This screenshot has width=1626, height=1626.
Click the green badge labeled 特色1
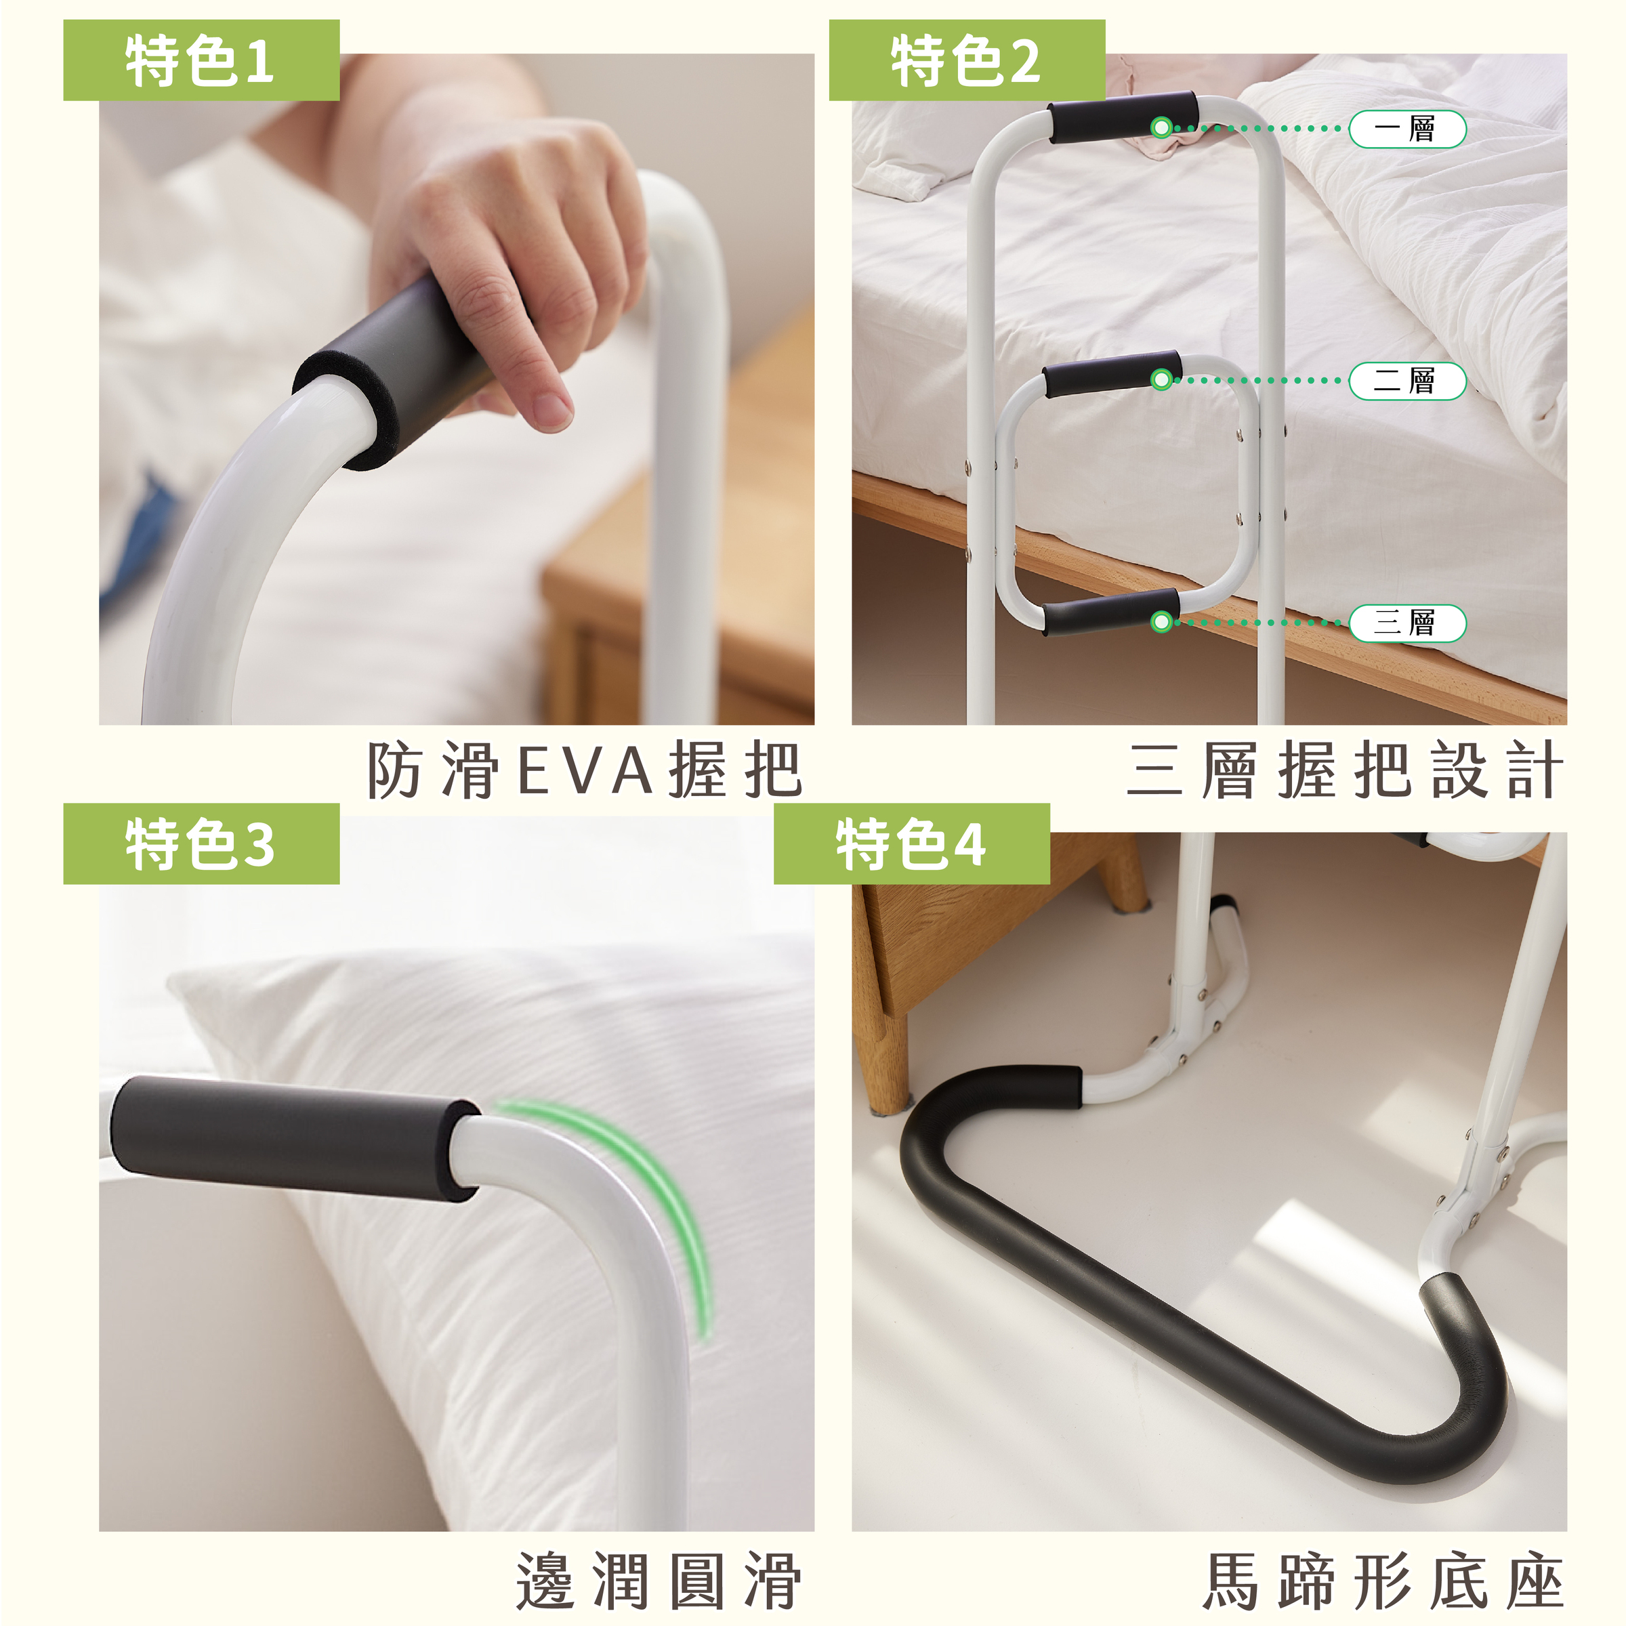[x=201, y=60]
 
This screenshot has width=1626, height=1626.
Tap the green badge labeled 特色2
[x=967, y=60]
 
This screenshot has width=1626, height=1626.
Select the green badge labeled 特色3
[x=201, y=843]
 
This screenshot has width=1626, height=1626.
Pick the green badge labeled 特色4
[x=911, y=843]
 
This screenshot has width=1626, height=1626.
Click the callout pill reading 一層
[x=1407, y=129]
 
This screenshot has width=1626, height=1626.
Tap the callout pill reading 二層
[x=1407, y=380]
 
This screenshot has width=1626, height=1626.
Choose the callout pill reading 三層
[x=1407, y=623]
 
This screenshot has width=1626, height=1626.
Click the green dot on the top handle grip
[x=1161, y=128]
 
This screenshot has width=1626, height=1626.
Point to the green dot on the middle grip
[x=1161, y=379]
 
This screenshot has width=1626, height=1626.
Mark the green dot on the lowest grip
[x=1161, y=622]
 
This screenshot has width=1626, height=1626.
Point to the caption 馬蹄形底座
[x=1383, y=1582]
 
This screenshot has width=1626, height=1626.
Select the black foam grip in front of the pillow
[x=295, y=1136]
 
